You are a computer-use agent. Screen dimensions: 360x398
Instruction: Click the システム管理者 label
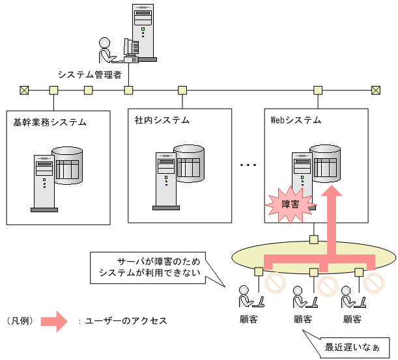click(x=90, y=74)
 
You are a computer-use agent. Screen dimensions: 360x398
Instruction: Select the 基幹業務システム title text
click(x=50, y=122)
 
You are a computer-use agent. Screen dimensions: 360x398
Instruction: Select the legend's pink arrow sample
click(x=54, y=320)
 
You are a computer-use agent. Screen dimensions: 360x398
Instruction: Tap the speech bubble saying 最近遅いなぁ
click(x=352, y=346)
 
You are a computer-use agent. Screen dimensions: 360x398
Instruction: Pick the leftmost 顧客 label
click(x=248, y=320)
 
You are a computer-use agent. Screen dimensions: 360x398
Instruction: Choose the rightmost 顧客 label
click(x=352, y=320)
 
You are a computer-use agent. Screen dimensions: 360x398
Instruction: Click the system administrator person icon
click(x=107, y=49)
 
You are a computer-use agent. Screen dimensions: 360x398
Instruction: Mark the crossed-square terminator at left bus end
click(x=23, y=90)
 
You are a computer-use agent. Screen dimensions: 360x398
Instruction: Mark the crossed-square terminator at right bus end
click(x=375, y=90)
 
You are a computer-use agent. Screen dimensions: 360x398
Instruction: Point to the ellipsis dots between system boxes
click(x=248, y=165)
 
